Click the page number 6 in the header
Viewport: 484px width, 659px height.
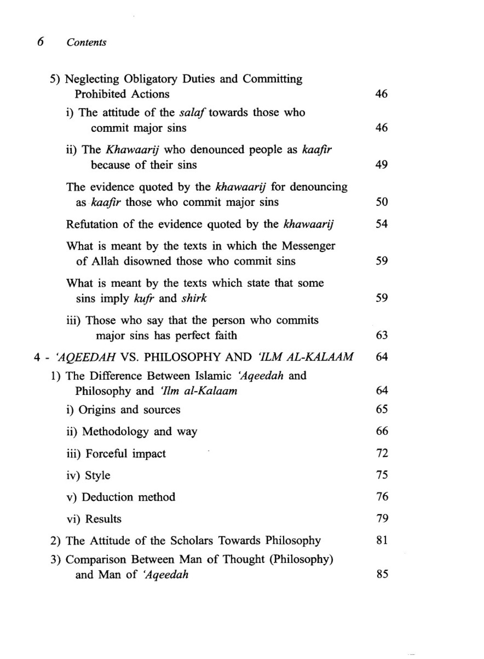coord(40,42)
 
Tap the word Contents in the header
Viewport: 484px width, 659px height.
coord(86,42)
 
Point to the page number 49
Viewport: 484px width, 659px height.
coord(381,165)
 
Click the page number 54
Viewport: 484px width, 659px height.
coord(381,224)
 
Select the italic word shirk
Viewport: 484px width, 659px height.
coord(194,298)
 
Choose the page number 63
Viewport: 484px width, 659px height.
coord(381,335)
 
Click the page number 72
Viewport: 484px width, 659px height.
coord(382,453)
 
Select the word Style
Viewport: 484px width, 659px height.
coord(97,475)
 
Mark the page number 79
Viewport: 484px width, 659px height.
coord(382,518)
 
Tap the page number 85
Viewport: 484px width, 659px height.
coord(382,574)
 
